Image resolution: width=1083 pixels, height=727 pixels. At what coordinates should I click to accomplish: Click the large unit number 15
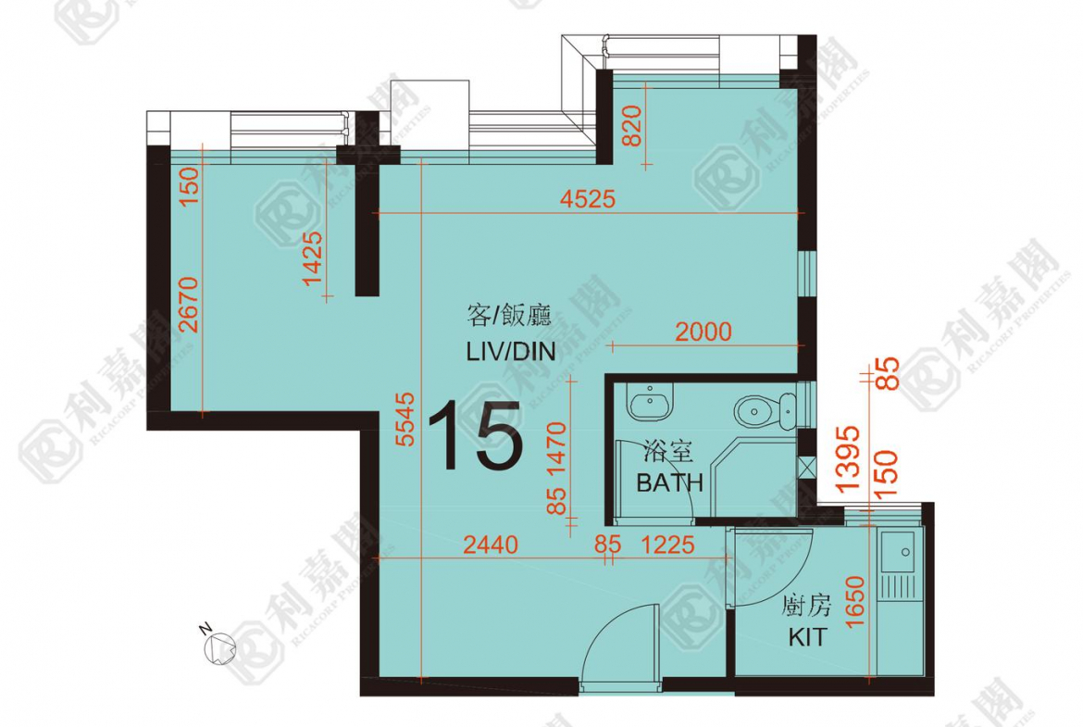point(475,435)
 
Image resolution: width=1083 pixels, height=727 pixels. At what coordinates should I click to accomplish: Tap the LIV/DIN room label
point(511,351)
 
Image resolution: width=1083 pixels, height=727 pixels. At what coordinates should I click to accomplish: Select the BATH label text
point(669,482)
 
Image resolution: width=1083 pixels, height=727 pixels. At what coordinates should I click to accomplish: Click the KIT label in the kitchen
point(807,636)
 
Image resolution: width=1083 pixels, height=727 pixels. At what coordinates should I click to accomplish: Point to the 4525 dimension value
point(587,199)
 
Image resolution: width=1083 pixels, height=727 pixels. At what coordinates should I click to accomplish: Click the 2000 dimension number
point(703,332)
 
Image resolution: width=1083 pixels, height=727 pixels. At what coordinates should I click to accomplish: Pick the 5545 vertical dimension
point(405,419)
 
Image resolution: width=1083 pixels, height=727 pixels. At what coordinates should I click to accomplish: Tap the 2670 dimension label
point(187,305)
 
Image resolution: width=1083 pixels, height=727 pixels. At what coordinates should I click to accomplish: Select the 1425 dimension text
point(312,257)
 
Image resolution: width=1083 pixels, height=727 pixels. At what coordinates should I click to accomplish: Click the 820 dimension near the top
point(632,126)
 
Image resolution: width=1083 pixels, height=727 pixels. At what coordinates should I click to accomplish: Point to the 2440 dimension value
point(491,545)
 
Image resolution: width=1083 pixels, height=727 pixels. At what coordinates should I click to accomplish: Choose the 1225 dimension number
point(668,545)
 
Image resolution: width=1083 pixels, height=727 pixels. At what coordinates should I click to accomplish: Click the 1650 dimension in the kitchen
point(854,601)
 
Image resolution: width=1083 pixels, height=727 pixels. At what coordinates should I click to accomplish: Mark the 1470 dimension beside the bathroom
point(556,449)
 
